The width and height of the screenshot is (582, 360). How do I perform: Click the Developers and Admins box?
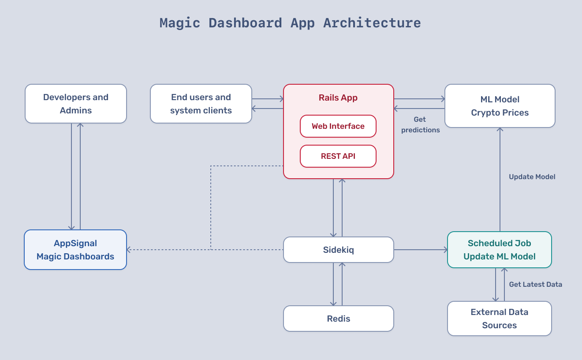[75, 104]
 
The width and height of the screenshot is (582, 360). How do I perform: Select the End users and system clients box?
[201, 104]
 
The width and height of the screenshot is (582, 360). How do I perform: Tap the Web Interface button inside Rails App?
[338, 126]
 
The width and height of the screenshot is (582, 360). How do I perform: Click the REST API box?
[338, 156]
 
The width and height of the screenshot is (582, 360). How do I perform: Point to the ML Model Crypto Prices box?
[500, 106]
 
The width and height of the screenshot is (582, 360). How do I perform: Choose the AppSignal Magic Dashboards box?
[75, 250]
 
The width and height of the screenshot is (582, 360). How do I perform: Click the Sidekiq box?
[338, 250]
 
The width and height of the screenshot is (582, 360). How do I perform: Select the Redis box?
[338, 319]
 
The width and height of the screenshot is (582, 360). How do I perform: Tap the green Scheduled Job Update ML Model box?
[499, 250]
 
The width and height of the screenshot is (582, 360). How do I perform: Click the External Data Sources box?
[499, 319]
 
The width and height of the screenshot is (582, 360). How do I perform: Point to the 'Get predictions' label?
[420, 125]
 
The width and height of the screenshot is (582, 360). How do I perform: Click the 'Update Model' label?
[532, 177]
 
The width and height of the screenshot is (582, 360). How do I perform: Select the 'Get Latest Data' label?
[535, 285]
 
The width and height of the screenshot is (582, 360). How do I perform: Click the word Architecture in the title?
[372, 23]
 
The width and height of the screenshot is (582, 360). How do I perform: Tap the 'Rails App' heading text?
[338, 98]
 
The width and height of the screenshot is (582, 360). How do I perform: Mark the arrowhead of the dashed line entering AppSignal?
[129, 250]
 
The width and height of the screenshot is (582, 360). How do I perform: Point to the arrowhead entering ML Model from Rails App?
[442, 99]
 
